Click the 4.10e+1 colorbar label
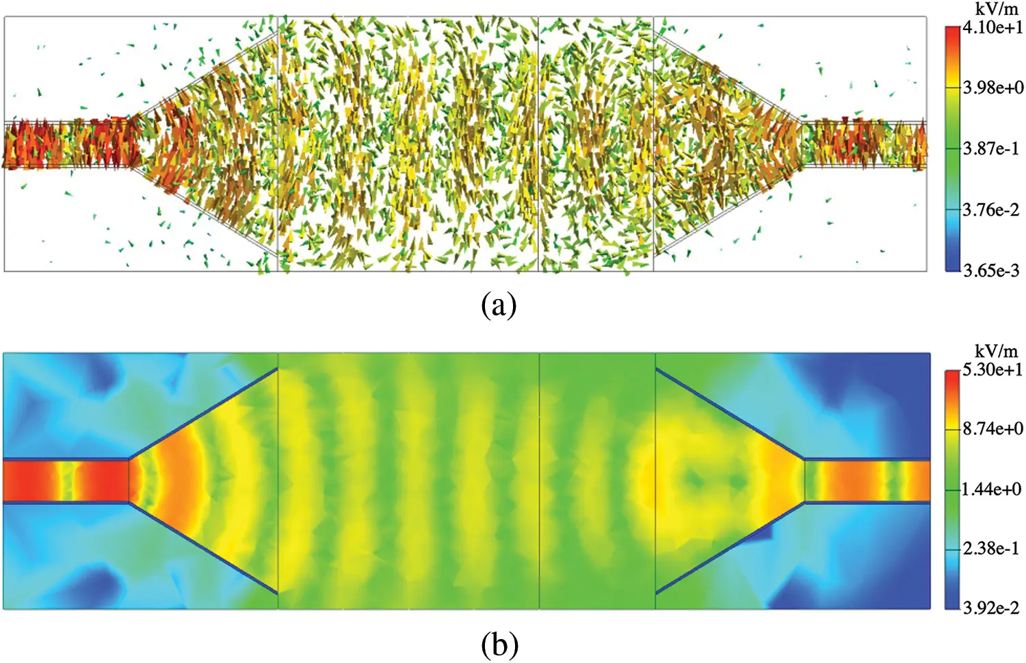[992, 27]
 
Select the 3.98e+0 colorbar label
[993, 88]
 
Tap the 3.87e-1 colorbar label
[991, 148]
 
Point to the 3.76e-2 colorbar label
[991, 209]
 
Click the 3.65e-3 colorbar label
[991, 270]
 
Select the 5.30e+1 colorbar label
[992, 370]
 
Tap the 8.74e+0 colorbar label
[993, 429]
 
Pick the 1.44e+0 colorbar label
[992, 489]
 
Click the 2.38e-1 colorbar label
[991, 548]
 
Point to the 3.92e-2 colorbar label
[991, 608]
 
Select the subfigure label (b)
[499, 644]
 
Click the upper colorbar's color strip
[952, 148]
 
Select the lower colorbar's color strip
[952, 489]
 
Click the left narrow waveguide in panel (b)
[66, 481]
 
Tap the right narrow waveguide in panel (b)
[867, 481]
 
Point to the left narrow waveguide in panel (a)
[68, 144]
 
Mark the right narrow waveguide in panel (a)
[863, 144]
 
